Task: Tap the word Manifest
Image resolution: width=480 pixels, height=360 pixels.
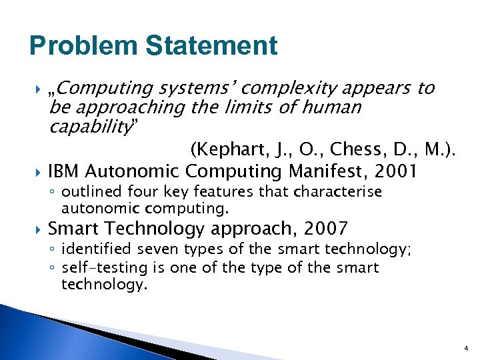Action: tap(325, 171)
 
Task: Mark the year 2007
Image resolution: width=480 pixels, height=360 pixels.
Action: tap(325, 229)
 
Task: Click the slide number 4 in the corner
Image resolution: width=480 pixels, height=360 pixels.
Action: tap(467, 348)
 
